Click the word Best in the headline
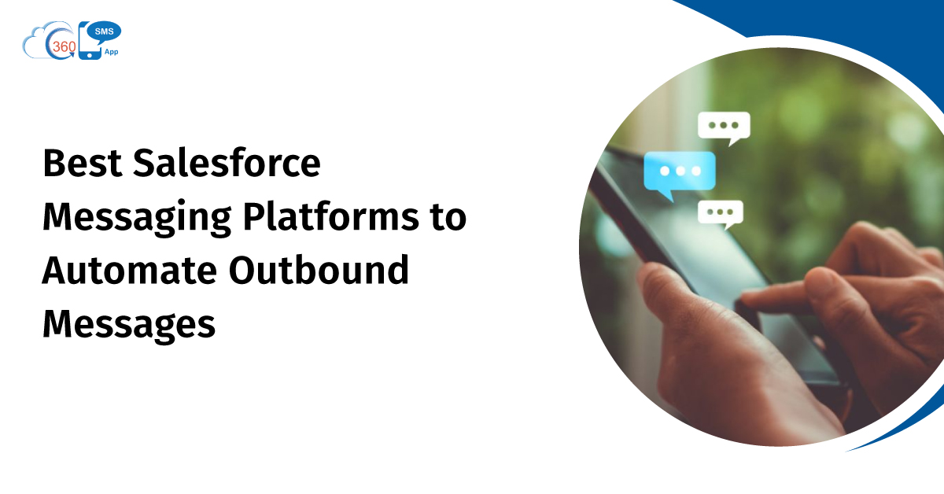click(x=83, y=163)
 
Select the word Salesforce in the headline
click(x=227, y=162)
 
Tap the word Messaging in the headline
click(x=137, y=217)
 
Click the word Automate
click(x=129, y=270)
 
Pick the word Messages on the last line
click(x=129, y=325)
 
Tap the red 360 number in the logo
click(x=64, y=46)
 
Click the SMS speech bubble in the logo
click(x=104, y=32)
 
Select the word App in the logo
click(x=111, y=52)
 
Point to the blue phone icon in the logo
click(x=90, y=41)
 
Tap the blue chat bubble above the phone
click(x=680, y=172)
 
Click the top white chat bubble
click(x=724, y=127)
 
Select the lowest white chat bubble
click(x=721, y=213)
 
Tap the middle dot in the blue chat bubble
click(x=680, y=171)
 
